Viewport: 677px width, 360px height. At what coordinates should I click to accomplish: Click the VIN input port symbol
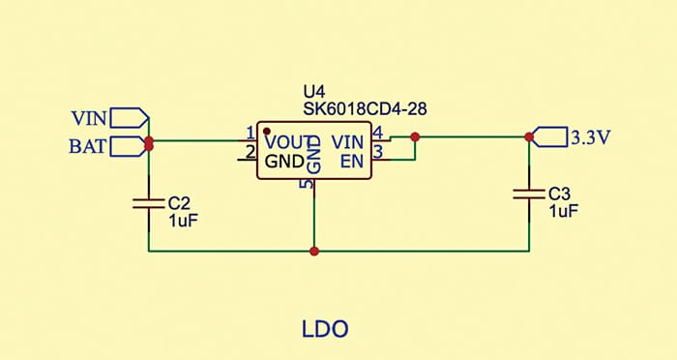click(129, 118)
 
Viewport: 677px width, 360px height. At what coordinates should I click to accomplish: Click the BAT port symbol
click(129, 147)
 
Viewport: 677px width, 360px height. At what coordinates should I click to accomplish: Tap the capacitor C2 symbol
click(149, 203)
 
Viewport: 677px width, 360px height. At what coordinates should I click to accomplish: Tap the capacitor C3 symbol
click(529, 193)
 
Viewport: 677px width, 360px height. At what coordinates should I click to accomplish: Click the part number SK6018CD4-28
click(365, 110)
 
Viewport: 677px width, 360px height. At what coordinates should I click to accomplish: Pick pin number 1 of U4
click(250, 133)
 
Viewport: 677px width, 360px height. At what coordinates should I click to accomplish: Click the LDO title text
click(324, 330)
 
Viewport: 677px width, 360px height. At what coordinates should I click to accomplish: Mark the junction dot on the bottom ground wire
click(314, 252)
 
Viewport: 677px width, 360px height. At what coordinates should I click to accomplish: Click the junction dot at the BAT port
click(149, 144)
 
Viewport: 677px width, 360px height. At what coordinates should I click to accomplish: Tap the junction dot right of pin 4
click(415, 137)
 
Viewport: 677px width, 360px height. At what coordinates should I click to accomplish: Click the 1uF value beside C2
click(183, 220)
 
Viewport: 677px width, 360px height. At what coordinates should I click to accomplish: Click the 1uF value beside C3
click(563, 209)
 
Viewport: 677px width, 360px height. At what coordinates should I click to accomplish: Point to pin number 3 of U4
click(378, 152)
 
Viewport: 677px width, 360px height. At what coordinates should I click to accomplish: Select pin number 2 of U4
click(250, 152)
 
